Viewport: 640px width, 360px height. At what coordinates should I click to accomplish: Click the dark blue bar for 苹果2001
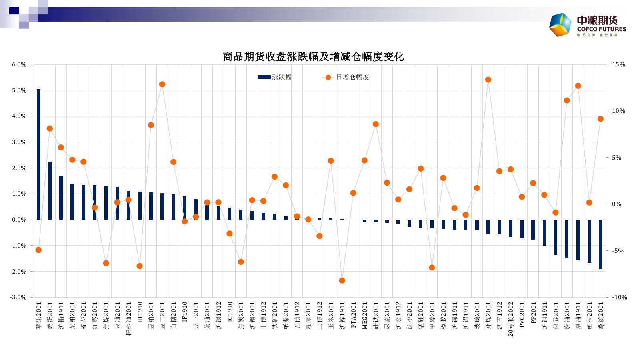pyautogui.click(x=38, y=154)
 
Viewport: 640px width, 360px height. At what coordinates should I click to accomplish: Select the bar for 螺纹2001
pyautogui.click(x=600, y=244)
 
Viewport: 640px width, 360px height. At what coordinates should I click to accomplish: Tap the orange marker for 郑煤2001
pyautogui.click(x=488, y=80)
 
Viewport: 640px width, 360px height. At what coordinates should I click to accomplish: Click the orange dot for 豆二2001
pyautogui.click(x=162, y=84)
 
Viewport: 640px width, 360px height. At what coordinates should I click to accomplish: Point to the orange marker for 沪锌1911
pyautogui.click(x=342, y=280)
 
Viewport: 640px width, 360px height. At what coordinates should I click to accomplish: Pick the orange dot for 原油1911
pyautogui.click(x=578, y=86)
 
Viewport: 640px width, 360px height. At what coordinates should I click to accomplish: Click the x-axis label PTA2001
pyautogui.click(x=353, y=315)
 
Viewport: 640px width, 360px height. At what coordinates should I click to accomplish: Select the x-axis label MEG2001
pyautogui.click(x=364, y=316)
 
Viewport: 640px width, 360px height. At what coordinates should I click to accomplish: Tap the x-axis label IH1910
pyautogui.click(x=140, y=312)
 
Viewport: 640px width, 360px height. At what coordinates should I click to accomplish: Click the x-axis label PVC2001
pyautogui.click(x=522, y=315)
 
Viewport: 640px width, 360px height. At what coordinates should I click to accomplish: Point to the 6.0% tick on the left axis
pyautogui.click(x=19, y=64)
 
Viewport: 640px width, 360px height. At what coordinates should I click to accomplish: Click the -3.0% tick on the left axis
pyautogui.click(x=18, y=297)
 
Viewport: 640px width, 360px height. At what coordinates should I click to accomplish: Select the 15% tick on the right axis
pyautogui.click(x=618, y=64)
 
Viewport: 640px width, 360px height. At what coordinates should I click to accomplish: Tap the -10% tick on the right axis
pyautogui.click(x=619, y=297)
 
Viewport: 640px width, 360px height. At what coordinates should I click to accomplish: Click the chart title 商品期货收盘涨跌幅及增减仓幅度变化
pyautogui.click(x=313, y=57)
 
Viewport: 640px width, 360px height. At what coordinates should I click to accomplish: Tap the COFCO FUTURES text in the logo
pyautogui.click(x=602, y=29)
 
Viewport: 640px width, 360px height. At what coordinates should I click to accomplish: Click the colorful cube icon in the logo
pyautogui.click(x=560, y=25)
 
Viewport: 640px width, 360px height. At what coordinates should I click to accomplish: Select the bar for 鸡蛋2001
pyautogui.click(x=50, y=190)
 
